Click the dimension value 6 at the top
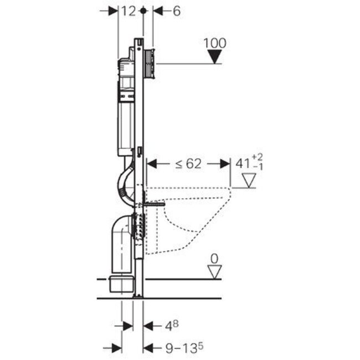coord(176,11)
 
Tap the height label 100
coord(215,43)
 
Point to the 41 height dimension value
coord(242,163)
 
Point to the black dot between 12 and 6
coord(143,11)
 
